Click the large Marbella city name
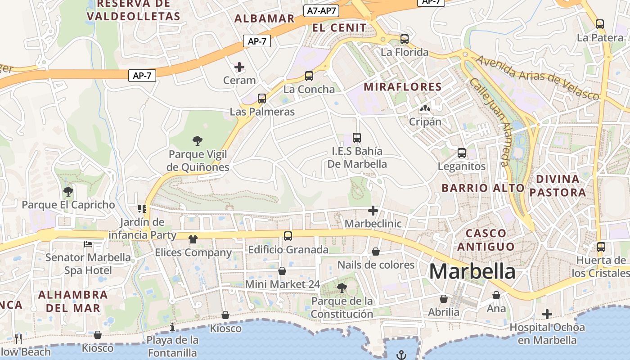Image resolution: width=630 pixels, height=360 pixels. point(472,271)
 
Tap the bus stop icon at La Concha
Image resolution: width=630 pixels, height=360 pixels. point(309,76)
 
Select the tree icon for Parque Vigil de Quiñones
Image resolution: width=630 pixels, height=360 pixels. point(197,141)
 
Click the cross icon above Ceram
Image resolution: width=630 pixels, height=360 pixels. point(239,67)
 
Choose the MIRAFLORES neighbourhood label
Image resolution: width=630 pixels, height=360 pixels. point(403,87)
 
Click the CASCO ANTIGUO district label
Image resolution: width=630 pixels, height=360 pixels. point(486,240)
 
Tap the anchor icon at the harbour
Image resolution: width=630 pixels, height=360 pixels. point(401,355)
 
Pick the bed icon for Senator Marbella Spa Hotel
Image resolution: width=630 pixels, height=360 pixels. point(88,244)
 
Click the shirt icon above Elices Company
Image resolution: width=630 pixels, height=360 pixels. point(193,239)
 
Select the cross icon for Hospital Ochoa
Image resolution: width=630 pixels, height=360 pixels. point(547,314)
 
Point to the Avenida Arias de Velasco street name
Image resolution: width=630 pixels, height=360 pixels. point(537,77)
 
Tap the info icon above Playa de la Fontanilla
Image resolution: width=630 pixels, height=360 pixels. point(172,327)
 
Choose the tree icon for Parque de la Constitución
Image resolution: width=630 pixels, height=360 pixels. point(342,287)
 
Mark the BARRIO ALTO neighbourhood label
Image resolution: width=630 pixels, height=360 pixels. point(483,188)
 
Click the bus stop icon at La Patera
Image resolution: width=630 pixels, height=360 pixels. point(599,24)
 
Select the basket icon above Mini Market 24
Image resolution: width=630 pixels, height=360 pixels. point(282,271)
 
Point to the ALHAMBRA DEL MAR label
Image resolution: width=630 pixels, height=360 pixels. point(73,301)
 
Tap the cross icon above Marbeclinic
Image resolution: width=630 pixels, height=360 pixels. point(373,210)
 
